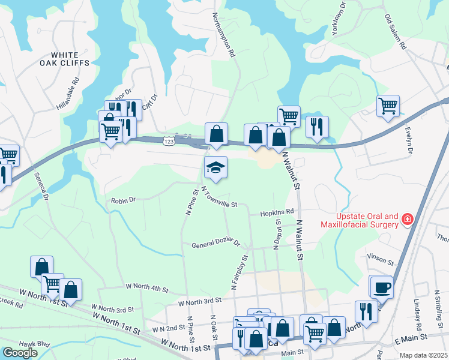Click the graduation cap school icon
click(215, 167)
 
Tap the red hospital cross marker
click(408, 220)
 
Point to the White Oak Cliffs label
click(65, 58)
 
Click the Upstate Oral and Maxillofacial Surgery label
click(365, 220)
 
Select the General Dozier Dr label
click(215, 245)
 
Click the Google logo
click(19, 353)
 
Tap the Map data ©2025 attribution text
click(423, 355)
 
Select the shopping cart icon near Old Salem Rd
click(388, 106)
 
